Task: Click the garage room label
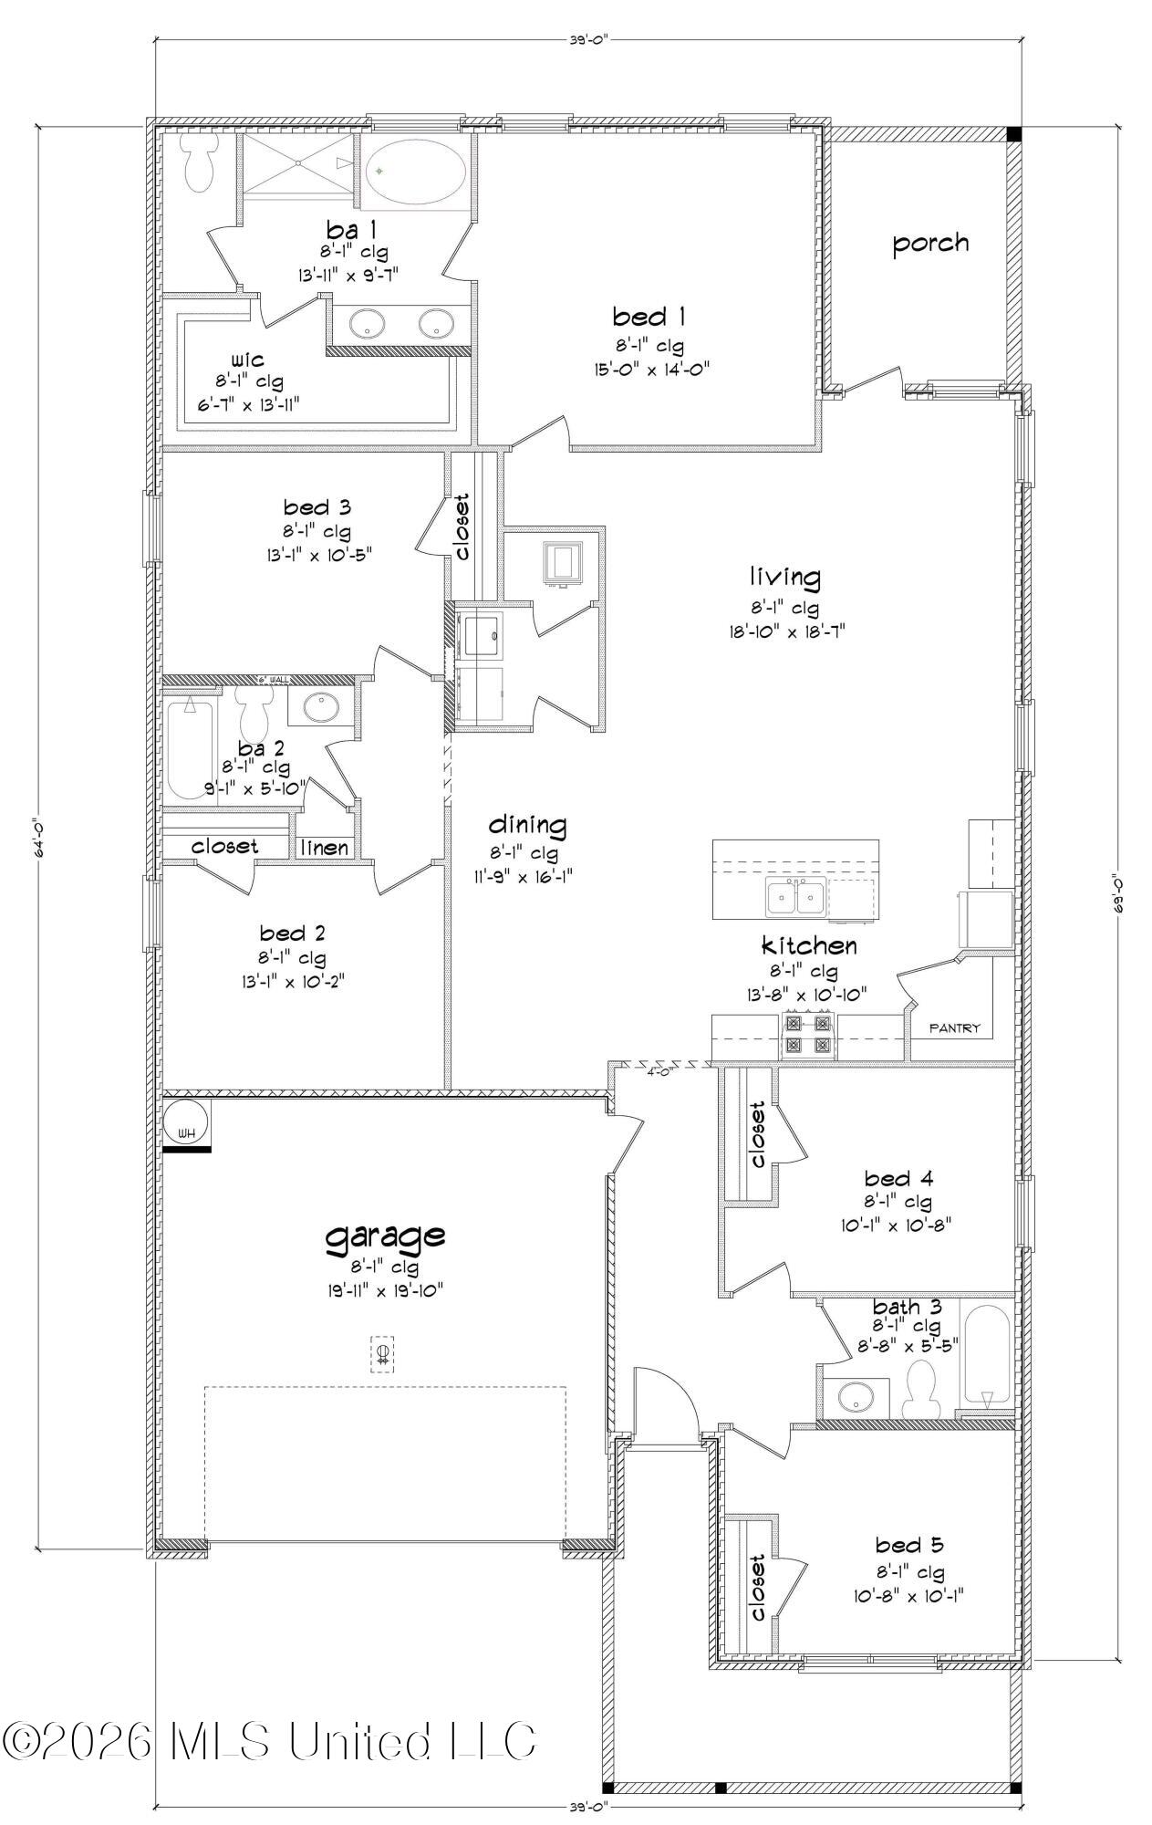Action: pyautogui.click(x=386, y=1236)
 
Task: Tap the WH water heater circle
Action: pyautogui.click(x=187, y=1121)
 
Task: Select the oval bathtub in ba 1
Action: pyautogui.click(x=418, y=172)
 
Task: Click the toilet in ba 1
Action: pyautogui.click(x=197, y=162)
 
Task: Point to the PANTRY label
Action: pyautogui.click(x=954, y=1028)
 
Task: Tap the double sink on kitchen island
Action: pyautogui.click(x=795, y=898)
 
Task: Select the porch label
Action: pyautogui.click(x=929, y=243)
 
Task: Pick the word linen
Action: pyautogui.click(x=326, y=848)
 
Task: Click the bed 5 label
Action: pyautogui.click(x=908, y=1545)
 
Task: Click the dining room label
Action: pyautogui.click(x=527, y=825)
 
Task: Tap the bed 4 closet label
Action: pyautogui.click(x=757, y=1134)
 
